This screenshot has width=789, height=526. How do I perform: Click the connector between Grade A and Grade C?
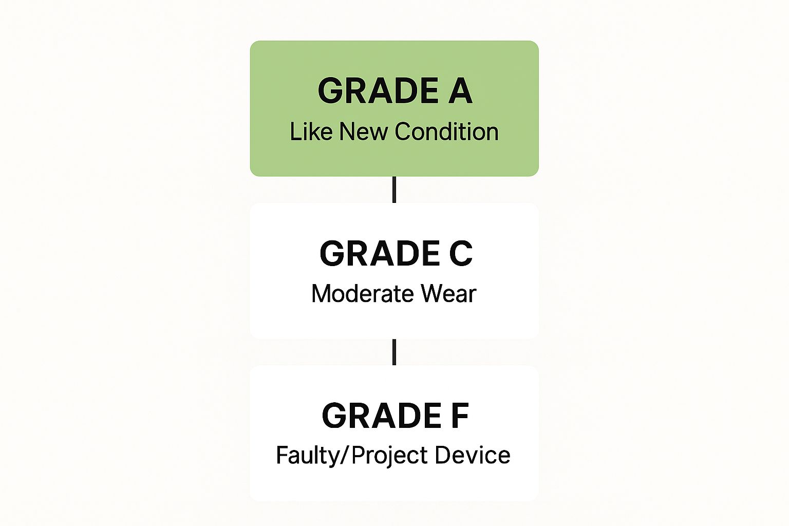pyautogui.click(x=394, y=190)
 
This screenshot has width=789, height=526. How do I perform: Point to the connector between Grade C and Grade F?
pyautogui.click(x=394, y=352)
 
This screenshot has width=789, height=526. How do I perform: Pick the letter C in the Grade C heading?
pyautogui.click(x=460, y=253)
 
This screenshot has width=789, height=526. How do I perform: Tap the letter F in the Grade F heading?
pyautogui.click(x=460, y=416)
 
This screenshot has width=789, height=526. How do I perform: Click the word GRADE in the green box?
pyautogui.click(x=378, y=91)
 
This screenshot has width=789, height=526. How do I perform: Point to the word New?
pyautogui.click(x=363, y=131)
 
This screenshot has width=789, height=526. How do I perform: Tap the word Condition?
pyautogui.click(x=446, y=131)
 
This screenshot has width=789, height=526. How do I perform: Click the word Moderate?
pyautogui.click(x=363, y=294)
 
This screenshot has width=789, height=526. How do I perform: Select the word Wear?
pyautogui.click(x=448, y=294)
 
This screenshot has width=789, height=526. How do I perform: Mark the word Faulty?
pyautogui.click(x=305, y=455)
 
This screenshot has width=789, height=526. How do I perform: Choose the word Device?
pyautogui.click(x=473, y=455)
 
